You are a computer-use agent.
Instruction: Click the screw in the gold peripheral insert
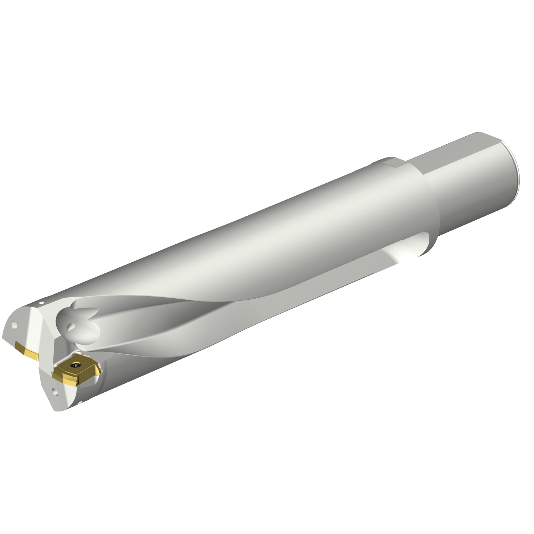[75, 365]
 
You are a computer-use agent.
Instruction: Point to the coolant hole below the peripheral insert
[56, 392]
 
